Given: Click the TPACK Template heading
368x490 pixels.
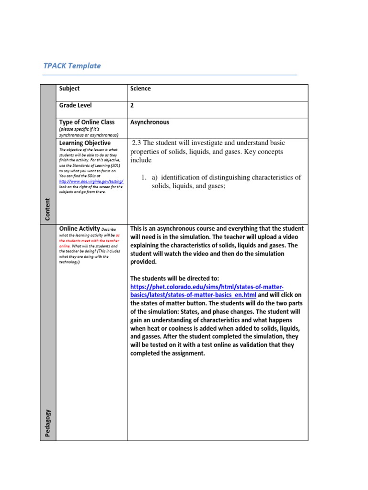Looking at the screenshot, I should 72,66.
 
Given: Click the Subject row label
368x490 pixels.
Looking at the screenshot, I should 69,89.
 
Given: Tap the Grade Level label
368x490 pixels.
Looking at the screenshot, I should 75,105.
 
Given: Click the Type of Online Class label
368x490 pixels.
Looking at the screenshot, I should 87,122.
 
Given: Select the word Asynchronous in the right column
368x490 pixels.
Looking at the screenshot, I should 149,122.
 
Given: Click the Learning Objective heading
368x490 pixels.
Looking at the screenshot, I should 85,143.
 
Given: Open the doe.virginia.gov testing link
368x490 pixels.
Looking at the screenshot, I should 91,181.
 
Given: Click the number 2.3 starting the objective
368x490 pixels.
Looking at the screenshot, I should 137,143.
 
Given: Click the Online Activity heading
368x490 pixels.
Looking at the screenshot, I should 79,229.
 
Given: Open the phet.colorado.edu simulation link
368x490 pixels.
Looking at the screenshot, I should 207,286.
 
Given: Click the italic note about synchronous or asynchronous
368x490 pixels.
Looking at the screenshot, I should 89,132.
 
